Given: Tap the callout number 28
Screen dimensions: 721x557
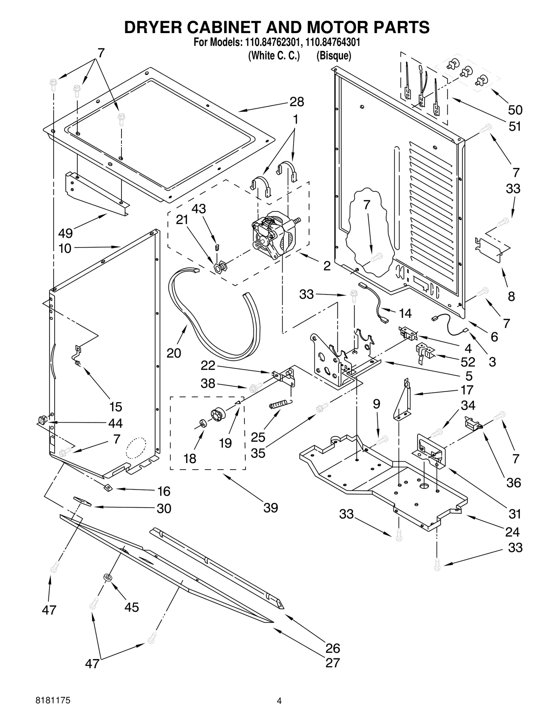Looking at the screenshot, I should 297,102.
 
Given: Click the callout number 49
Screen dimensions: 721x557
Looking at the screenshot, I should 65,233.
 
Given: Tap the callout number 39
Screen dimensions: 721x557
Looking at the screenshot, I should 270,508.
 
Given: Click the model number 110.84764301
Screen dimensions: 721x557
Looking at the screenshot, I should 332,42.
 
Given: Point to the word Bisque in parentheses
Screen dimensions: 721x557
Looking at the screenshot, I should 334,56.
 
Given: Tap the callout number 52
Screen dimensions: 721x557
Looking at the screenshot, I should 468,362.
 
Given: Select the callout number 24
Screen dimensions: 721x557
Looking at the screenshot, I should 512,532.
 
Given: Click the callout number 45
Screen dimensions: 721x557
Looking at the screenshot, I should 132,607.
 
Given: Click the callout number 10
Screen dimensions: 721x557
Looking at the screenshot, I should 65,248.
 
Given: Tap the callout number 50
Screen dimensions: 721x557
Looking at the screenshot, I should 515,110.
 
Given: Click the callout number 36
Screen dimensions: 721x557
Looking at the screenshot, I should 513,483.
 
